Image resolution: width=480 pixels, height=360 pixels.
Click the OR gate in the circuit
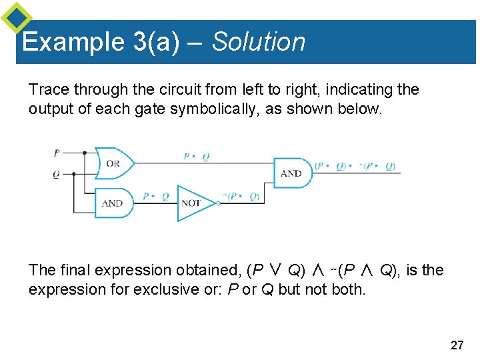pos(113,163)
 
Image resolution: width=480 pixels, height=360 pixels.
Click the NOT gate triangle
pos(194,203)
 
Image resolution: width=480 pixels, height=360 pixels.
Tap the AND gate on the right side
pos(292,173)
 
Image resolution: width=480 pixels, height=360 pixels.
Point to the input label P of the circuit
pos(57,153)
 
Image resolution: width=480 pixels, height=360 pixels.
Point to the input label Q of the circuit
pos(56,174)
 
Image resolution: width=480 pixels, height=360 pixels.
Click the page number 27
pos(457,345)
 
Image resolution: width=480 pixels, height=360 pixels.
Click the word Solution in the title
pos(259,42)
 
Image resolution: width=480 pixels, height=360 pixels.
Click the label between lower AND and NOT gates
pos(156,196)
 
